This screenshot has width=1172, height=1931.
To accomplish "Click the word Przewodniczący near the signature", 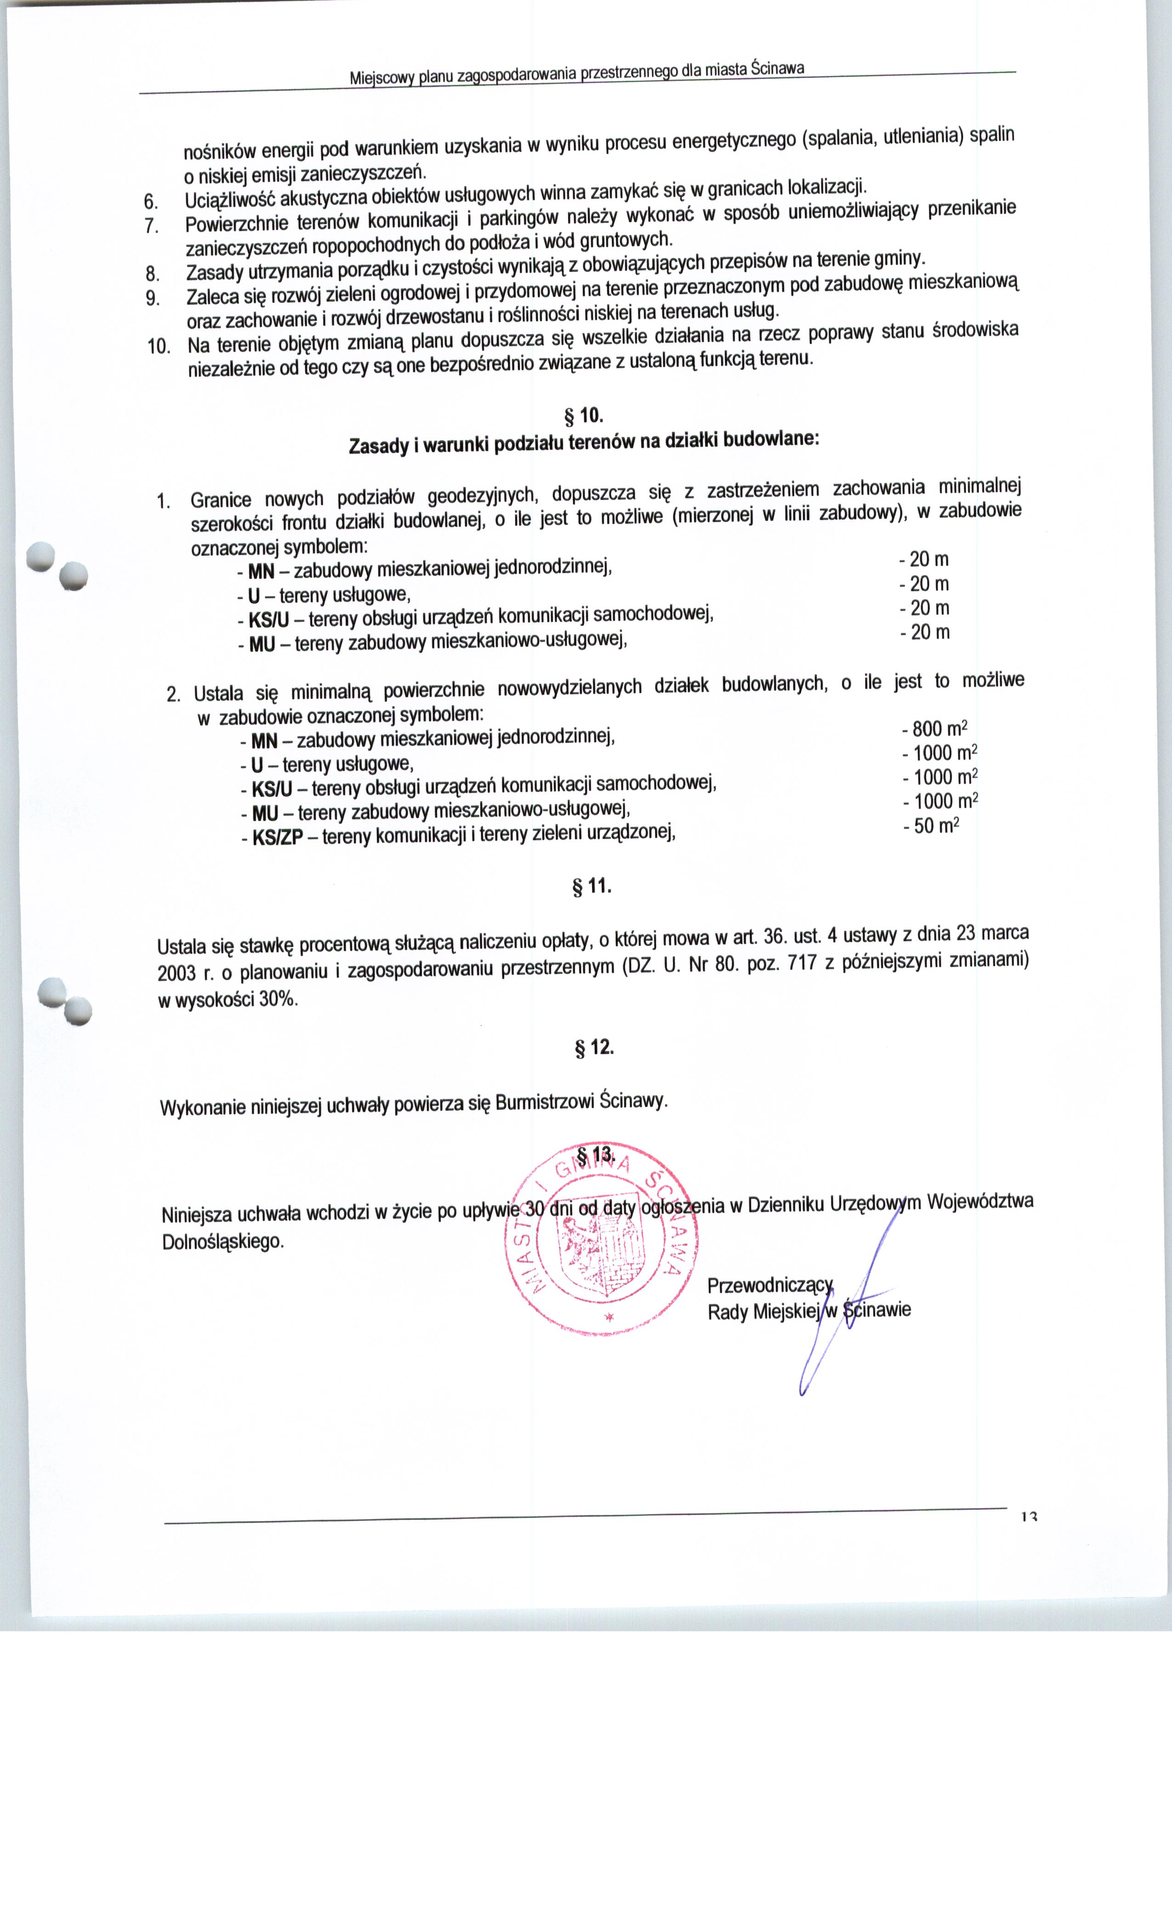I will pos(769,1286).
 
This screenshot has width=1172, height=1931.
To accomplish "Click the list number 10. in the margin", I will pos(159,346).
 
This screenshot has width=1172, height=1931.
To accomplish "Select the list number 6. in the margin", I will pos(152,200).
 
